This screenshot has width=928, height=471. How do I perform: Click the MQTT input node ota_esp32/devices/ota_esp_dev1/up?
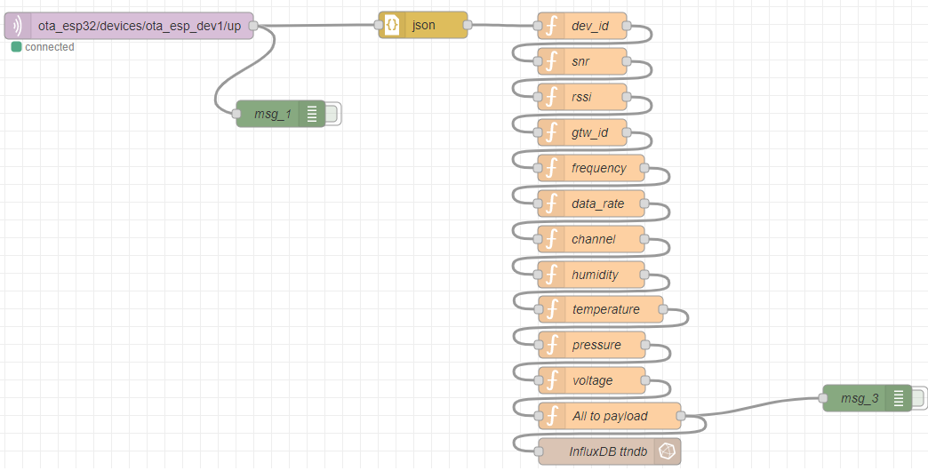(x=129, y=26)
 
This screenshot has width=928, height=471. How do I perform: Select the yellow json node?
(x=423, y=26)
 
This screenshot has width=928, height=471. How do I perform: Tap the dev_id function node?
(x=582, y=26)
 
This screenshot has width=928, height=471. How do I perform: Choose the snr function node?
(x=582, y=61)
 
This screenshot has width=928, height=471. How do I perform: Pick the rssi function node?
(x=582, y=97)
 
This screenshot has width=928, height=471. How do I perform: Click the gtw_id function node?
(x=582, y=132)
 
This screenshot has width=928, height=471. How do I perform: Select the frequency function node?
(x=591, y=168)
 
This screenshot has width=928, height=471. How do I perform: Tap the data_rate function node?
(x=591, y=204)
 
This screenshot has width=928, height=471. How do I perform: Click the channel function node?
(x=591, y=239)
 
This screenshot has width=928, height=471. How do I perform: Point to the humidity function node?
(x=591, y=275)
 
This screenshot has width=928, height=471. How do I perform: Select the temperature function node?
(x=601, y=309)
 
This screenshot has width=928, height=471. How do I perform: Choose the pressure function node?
(x=592, y=345)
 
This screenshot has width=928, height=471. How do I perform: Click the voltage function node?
(x=592, y=380)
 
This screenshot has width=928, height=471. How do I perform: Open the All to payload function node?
(x=610, y=416)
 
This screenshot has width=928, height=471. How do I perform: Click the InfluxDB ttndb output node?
(x=610, y=451)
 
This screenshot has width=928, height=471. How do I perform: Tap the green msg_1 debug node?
(x=281, y=114)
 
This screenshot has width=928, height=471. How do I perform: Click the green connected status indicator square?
(x=16, y=47)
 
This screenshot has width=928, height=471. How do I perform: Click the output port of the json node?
(x=468, y=25)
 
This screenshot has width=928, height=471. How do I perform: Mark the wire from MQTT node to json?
(x=316, y=26)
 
